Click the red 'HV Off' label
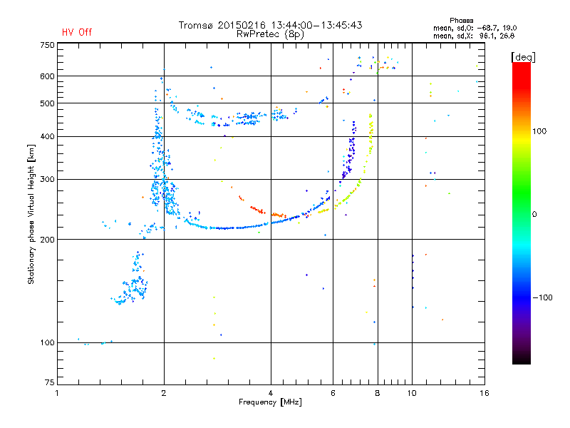[x=77, y=32]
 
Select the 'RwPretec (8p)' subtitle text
[x=270, y=34]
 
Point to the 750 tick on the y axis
[x=47, y=44]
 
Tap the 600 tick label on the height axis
[x=47, y=76]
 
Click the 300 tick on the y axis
[x=47, y=180]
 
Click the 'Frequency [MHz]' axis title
[x=269, y=403]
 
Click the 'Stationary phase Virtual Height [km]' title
[x=31, y=214]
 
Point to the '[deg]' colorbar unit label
[x=524, y=56]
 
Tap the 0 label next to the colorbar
[x=539, y=214]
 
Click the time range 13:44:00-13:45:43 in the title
[x=314, y=25]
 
